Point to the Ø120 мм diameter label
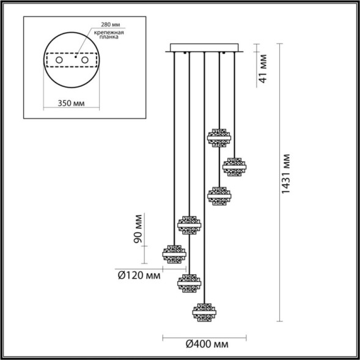(x=139, y=275)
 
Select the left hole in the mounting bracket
(x=61, y=61)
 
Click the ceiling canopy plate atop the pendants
(x=205, y=48)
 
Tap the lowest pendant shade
(x=205, y=312)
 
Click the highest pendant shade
(x=219, y=138)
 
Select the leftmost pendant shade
(x=174, y=253)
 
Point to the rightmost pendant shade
(x=234, y=166)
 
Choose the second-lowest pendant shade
(x=189, y=282)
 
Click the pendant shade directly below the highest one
(x=219, y=196)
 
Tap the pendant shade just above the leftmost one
(x=189, y=224)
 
